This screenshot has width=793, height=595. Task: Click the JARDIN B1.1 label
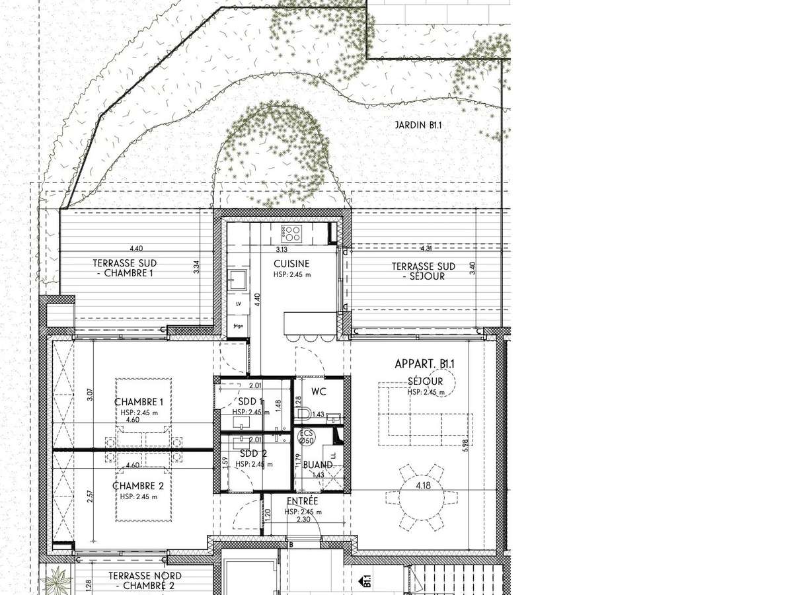click(418, 126)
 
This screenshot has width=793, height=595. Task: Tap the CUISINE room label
click(291, 264)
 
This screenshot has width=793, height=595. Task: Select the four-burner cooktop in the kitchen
click(291, 233)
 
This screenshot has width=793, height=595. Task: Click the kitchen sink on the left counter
click(239, 280)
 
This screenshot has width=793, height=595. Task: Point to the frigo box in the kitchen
click(238, 325)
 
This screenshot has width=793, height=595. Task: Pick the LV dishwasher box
click(238, 304)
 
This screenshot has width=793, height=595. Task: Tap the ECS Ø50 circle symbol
click(306, 438)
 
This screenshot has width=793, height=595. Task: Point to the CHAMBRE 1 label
click(139, 402)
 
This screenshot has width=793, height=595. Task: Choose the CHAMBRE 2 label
click(138, 485)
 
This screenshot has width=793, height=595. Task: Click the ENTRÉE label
click(303, 500)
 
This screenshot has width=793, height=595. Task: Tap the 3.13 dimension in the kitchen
click(282, 249)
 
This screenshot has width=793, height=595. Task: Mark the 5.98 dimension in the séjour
click(465, 445)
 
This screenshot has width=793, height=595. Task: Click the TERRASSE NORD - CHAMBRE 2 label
click(145, 580)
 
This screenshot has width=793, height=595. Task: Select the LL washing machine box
click(334, 456)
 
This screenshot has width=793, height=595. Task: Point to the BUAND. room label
click(319, 465)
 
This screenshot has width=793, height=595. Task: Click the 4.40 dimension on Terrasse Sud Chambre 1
click(136, 248)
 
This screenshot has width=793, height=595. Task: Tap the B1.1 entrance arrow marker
click(364, 581)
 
